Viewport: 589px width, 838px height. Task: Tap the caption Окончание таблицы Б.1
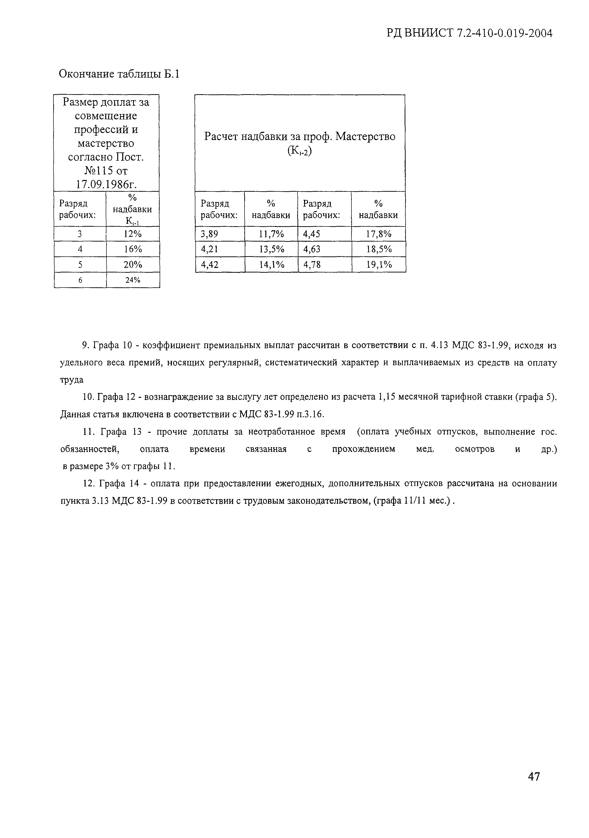tap(119, 74)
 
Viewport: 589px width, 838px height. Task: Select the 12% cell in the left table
tap(133, 234)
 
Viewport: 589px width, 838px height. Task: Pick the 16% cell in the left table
tap(133, 249)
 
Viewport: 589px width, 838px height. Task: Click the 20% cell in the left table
tap(133, 265)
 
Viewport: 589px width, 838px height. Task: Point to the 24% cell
tap(133, 280)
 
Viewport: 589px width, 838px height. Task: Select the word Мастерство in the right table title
tap(365, 137)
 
